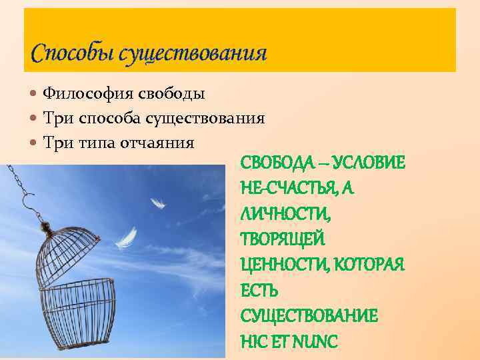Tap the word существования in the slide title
pos(193,53)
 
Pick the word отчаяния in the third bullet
pos(159,143)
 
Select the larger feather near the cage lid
pos(127,237)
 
